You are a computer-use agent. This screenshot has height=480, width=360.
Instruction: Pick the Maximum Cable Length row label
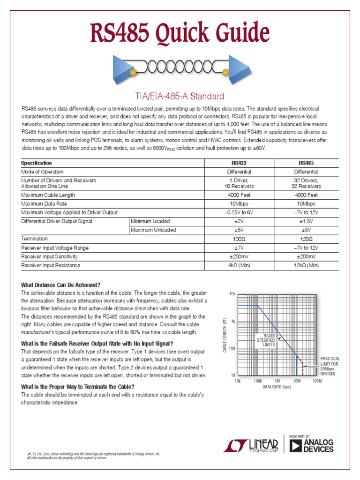point(48,195)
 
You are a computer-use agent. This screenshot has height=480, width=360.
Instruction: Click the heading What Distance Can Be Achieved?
point(61,285)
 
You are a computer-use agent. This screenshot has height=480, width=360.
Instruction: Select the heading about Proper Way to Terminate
point(78,387)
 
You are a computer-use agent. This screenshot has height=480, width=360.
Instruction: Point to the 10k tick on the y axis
point(232,294)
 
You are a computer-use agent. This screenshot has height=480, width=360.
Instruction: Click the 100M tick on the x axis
point(317,381)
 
